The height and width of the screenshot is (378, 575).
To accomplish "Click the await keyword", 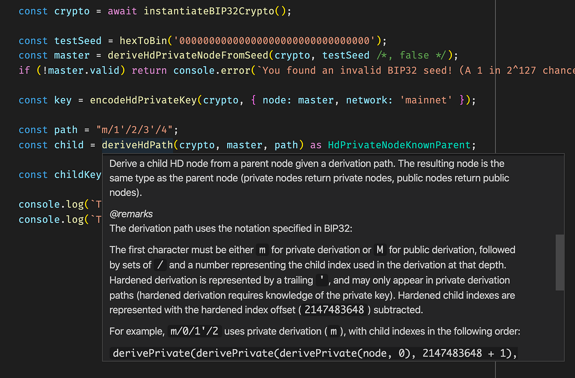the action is click(123, 11).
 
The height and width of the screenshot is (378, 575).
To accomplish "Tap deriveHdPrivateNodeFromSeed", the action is click(189, 56).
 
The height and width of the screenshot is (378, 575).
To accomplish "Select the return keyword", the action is click(149, 71).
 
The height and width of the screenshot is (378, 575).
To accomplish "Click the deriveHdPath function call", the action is click(137, 145).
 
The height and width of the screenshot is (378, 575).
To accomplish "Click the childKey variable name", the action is click(78, 175).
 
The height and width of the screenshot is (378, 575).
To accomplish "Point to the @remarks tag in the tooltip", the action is click(131, 214).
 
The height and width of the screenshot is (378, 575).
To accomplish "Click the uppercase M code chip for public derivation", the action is click(379, 250).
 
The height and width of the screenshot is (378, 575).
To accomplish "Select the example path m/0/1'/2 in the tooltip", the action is click(195, 331).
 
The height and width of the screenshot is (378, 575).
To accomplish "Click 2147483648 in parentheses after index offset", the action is click(334, 310).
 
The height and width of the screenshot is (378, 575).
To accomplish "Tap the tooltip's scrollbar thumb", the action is click(559, 262).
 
